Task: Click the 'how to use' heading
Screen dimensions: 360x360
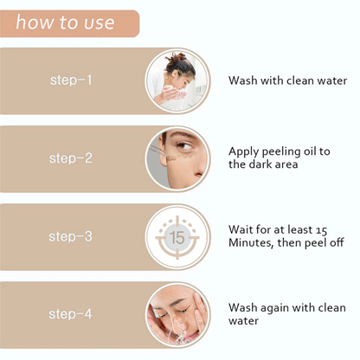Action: point(65,22)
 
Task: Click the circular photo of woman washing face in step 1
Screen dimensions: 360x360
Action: point(177,80)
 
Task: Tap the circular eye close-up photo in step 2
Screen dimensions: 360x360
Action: point(177,158)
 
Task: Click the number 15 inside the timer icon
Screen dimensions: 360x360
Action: point(177,236)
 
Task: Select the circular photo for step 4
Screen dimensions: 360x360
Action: point(177,314)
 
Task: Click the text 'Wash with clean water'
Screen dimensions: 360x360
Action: point(287,80)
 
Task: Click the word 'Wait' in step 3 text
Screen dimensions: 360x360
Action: point(241,229)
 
